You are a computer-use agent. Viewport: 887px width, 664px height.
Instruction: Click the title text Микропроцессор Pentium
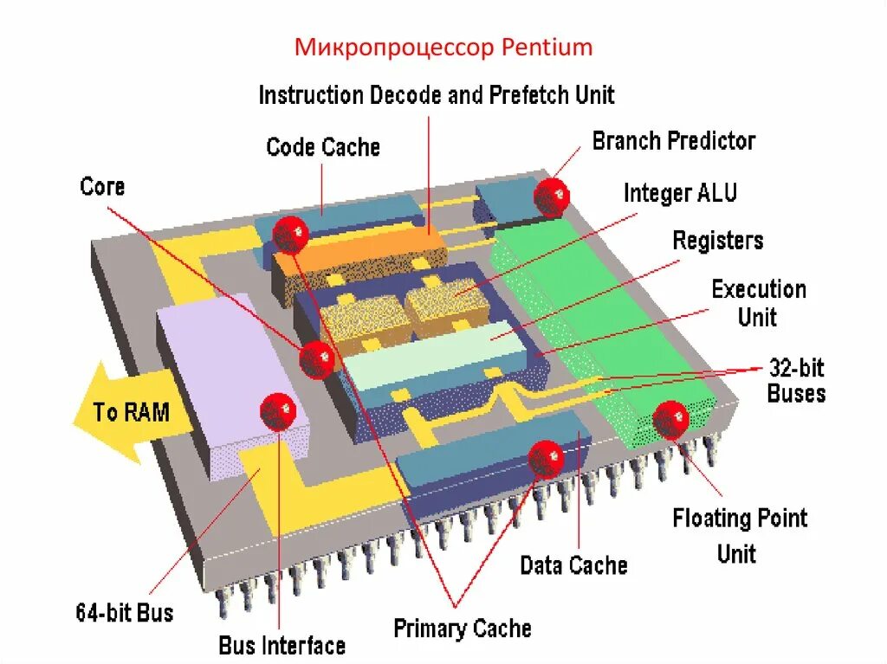click(x=443, y=47)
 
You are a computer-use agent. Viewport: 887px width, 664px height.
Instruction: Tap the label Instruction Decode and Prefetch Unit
click(x=437, y=94)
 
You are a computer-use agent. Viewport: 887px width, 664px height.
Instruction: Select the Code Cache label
click(x=323, y=147)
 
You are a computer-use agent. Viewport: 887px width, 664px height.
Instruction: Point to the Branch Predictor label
click(x=674, y=141)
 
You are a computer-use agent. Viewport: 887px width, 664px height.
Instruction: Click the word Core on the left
click(x=102, y=186)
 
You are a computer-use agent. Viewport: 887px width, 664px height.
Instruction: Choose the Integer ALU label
click(x=680, y=192)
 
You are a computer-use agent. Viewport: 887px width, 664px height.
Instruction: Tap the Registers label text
click(x=718, y=240)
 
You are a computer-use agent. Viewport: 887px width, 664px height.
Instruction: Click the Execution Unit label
click(x=758, y=302)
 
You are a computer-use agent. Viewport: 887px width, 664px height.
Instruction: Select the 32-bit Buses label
click(x=796, y=381)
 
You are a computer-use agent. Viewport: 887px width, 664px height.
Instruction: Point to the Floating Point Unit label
click(x=739, y=535)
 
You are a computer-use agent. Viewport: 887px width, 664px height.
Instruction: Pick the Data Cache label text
click(x=573, y=566)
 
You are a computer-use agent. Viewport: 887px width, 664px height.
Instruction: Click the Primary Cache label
click(x=463, y=628)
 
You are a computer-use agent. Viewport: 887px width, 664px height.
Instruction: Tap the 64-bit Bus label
click(x=124, y=613)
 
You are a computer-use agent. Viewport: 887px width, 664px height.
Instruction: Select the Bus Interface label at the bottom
click(x=282, y=645)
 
